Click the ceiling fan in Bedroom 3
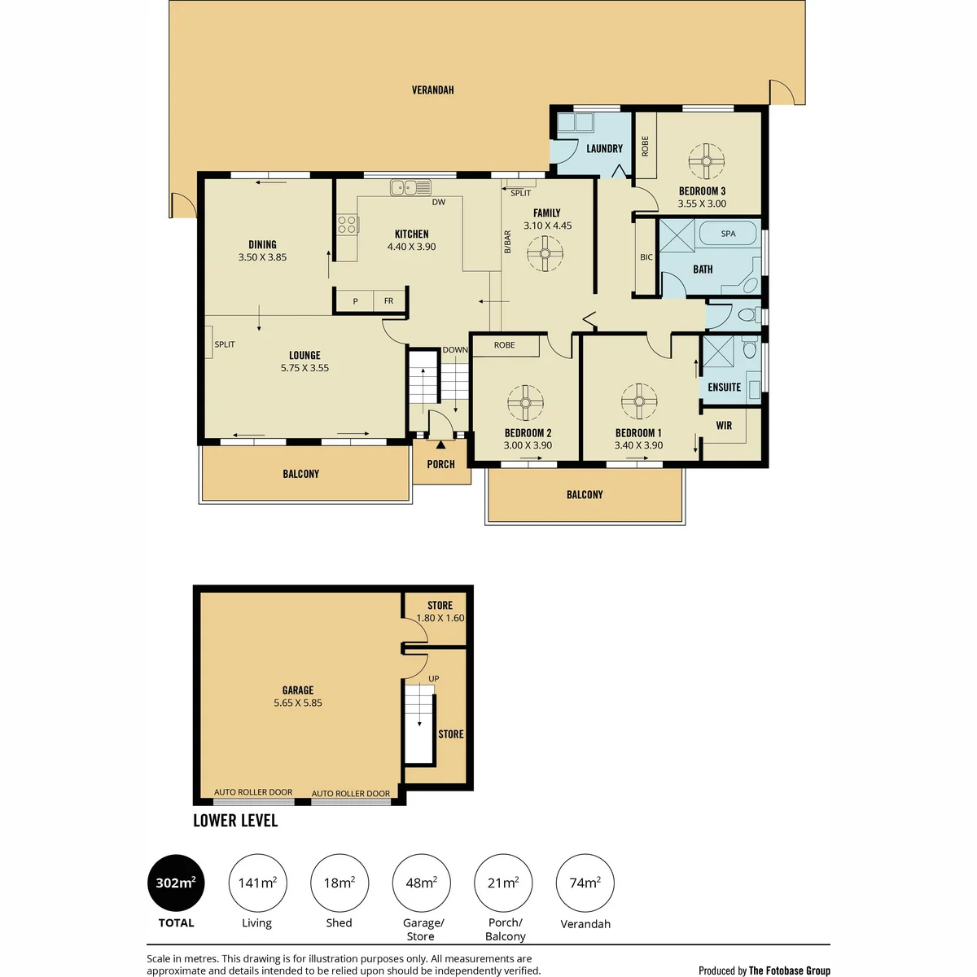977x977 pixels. (x=706, y=161)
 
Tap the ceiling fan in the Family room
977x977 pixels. (x=545, y=253)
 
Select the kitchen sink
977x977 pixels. (x=410, y=187)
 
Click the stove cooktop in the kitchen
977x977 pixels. (x=348, y=224)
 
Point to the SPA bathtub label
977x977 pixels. (x=728, y=234)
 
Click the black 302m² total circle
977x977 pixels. (x=176, y=883)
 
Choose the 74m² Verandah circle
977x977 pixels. (x=585, y=883)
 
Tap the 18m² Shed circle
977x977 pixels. (x=340, y=883)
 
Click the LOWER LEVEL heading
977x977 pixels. (x=235, y=821)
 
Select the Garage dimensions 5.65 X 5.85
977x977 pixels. (x=298, y=703)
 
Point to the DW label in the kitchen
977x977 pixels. (x=439, y=202)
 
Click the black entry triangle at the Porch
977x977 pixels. (x=440, y=445)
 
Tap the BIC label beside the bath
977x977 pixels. (x=646, y=257)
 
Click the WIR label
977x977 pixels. (x=724, y=425)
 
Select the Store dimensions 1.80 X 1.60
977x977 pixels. (x=440, y=617)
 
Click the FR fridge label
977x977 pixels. (x=388, y=300)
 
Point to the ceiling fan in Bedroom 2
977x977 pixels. (x=525, y=403)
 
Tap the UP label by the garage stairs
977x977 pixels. (x=433, y=678)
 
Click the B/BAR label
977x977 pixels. (x=507, y=242)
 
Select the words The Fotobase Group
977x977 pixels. (x=790, y=970)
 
